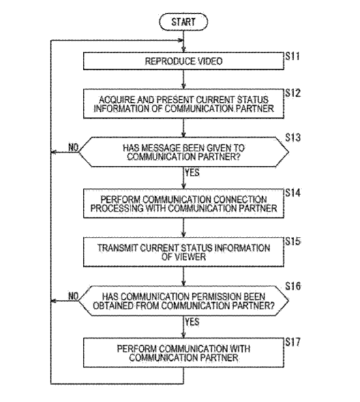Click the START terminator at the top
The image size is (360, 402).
183,22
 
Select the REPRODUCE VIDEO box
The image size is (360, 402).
183,61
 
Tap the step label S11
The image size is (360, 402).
293,56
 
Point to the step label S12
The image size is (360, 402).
293,93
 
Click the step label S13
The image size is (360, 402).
293,138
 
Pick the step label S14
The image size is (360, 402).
293,193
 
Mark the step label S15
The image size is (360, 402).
293,241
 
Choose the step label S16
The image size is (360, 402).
293,286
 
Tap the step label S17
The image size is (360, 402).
293,342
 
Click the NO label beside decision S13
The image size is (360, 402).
73,147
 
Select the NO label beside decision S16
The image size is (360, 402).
73,296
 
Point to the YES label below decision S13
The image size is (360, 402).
192,172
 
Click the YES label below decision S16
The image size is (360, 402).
192,322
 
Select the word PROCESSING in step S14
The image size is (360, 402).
117,208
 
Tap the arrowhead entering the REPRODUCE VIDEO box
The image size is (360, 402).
183,50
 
